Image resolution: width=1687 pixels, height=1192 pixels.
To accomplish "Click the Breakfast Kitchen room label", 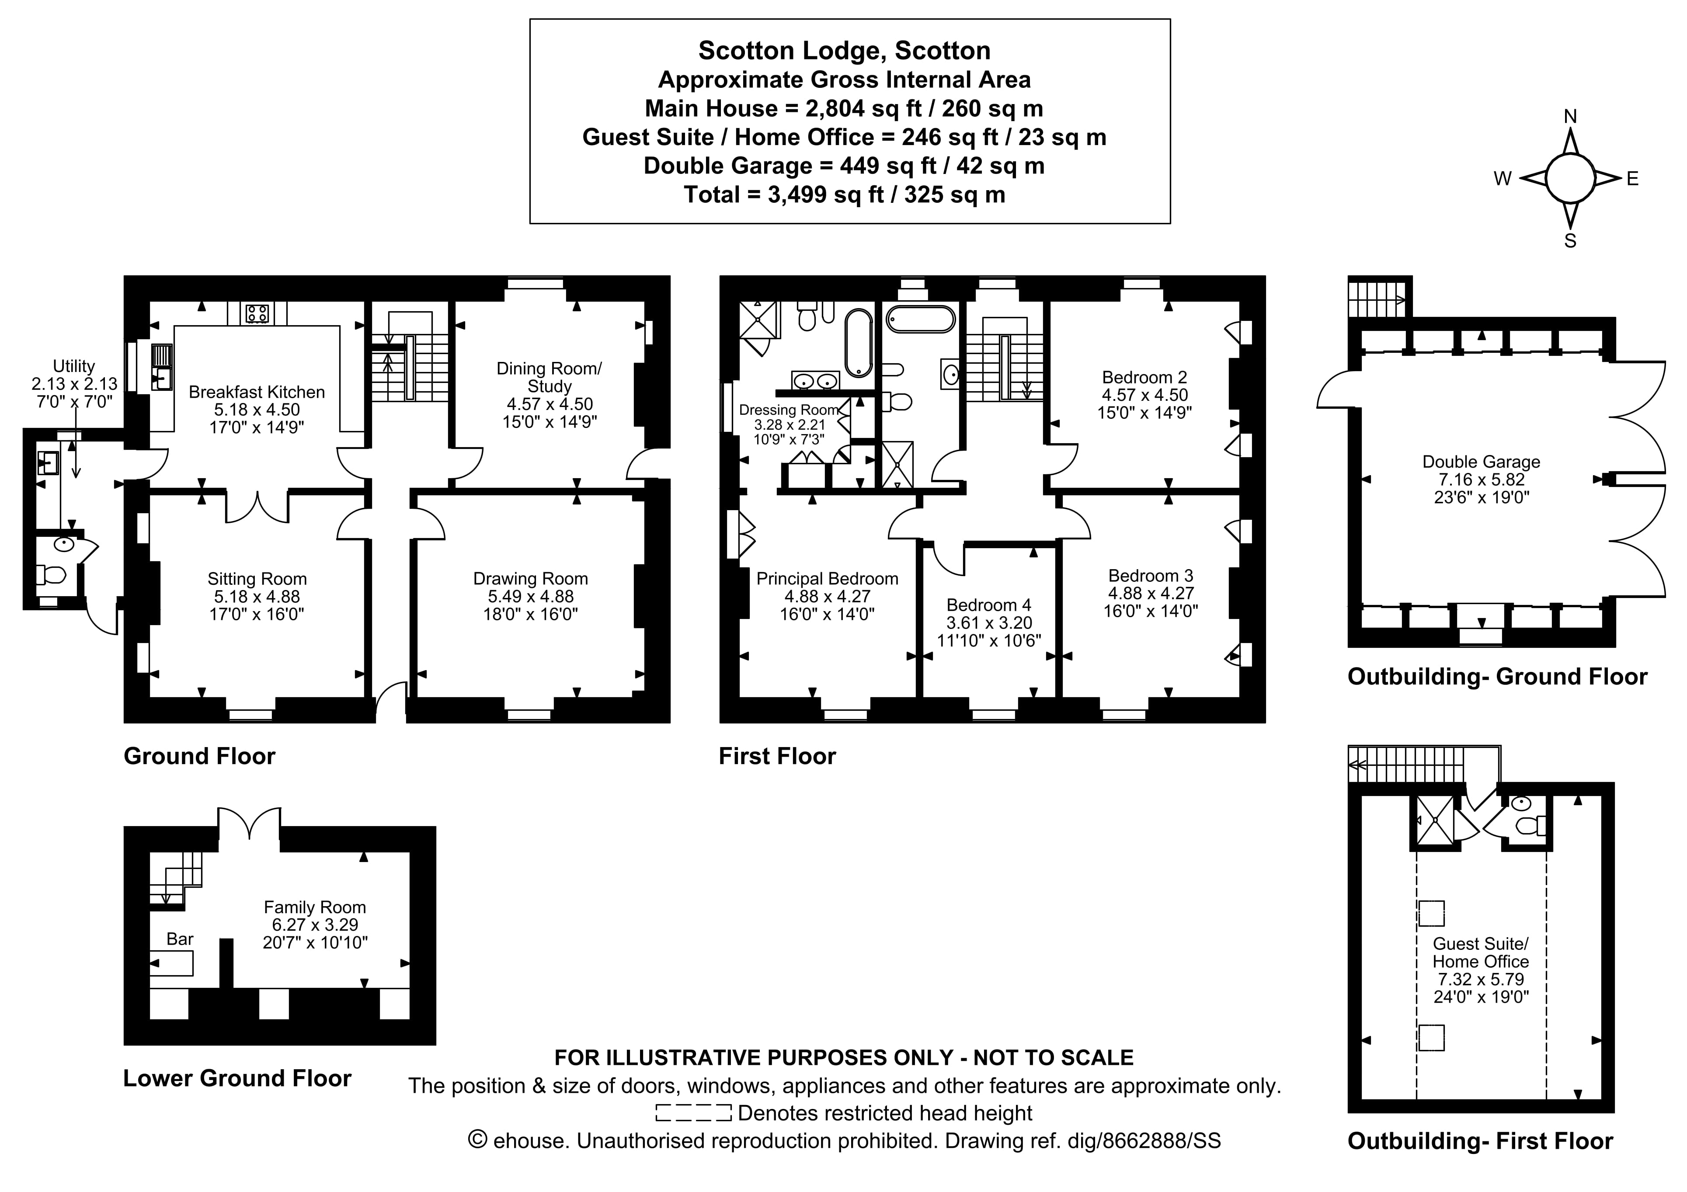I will pos(257,392).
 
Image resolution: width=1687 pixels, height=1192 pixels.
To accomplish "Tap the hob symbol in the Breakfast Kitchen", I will pos(257,314).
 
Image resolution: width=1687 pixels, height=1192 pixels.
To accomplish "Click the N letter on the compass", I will pos(1570,117).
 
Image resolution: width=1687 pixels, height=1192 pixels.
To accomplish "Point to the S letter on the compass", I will pos(1570,241).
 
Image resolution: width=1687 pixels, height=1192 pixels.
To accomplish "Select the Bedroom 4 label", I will pos(988,605).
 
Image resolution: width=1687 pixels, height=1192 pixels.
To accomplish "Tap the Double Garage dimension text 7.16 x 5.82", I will pos(1481,479).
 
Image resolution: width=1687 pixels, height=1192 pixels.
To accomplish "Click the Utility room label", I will pos(73,366).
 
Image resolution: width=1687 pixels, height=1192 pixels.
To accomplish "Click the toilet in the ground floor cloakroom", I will pos(53,574).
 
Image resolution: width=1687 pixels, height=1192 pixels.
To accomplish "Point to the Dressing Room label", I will pos(788,410).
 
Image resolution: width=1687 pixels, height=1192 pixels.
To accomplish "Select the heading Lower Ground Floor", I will pos(237,1078).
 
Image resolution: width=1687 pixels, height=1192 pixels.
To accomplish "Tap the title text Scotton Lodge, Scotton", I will pos(844,51).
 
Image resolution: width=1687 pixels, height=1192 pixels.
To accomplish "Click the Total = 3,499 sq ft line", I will pos(844,195).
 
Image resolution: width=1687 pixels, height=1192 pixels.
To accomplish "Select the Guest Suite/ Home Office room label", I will pos(1480,952).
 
